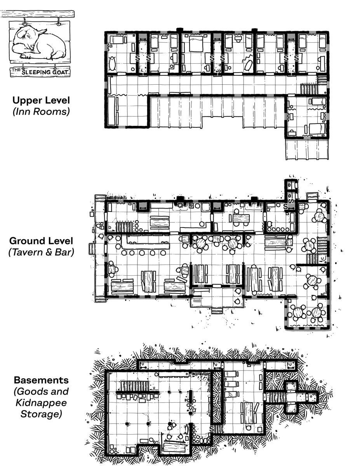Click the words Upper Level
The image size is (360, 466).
pyautogui.click(x=41, y=100)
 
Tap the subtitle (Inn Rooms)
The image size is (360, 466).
pyautogui.click(x=41, y=111)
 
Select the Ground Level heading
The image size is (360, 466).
pyautogui.click(x=41, y=241)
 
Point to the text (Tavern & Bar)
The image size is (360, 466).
pyautogui.click(x=41, y=252)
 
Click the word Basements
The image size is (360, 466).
pyautogui.click(x=41, y=380)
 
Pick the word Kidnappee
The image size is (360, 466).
pyautogui.click(x=41, y=403)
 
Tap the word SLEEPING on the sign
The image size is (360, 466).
pyautogui.click(x=37, y=72)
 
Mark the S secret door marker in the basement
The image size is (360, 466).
pyautogui.click(x=212, y=429)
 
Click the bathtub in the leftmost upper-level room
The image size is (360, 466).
pyautogui.click(x=112, y=63)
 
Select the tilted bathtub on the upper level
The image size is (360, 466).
pyautogui.click(x=248, y=65)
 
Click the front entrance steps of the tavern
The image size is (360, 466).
pyautogui.click(x=217, y=311)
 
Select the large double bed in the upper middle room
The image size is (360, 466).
pyautogui.click(x=196, y=44)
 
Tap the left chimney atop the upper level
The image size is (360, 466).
pyautogui.click(x=179, y=30)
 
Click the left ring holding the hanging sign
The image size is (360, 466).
pyautogui.click(x=25, y=23)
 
